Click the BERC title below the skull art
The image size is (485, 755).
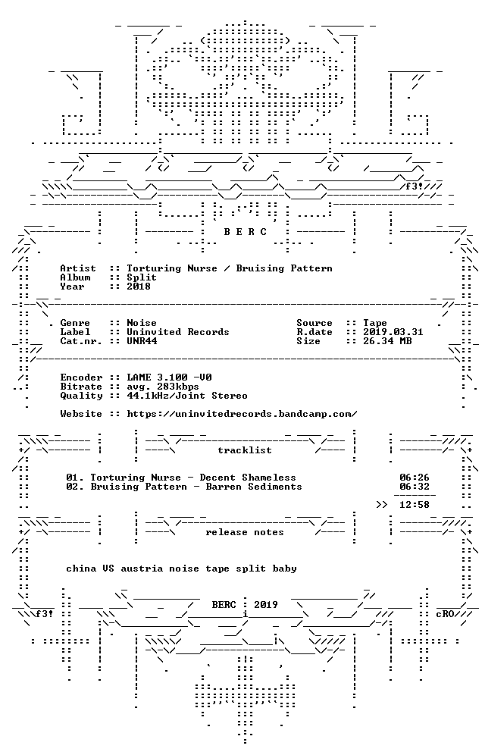point(245,232)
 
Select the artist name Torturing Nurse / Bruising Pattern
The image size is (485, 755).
point(230,268)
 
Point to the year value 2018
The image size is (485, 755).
point(139,287)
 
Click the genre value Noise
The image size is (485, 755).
point(142,323)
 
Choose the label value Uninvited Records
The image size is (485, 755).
point(178,332)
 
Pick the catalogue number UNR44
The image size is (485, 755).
point(142,341)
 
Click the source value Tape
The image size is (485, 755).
point(375,323)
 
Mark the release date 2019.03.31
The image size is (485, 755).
point(393,332)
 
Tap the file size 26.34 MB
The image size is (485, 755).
point(387,341)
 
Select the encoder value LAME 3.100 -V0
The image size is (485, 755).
point(169,377)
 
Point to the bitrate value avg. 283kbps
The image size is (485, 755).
point(163,387)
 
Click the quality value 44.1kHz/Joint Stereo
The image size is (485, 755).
point(187,396)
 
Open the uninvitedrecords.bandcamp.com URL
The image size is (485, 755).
point(242,414)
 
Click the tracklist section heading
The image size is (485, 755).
point(245,450)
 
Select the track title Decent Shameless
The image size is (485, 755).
point(248,478)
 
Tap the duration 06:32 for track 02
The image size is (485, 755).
point(415,487)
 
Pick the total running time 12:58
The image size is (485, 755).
point(415,505)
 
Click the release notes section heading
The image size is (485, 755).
point(245,532)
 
